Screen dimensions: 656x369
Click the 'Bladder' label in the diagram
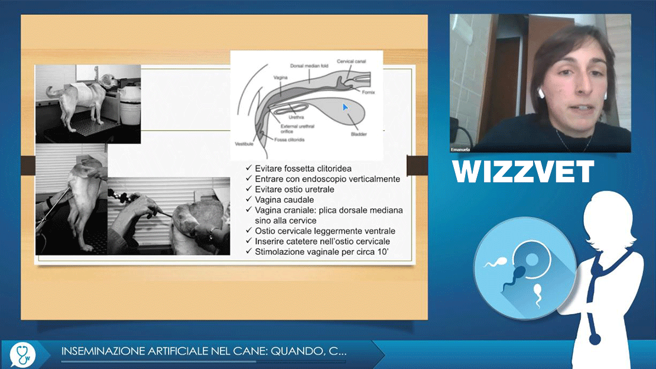coord(359,134)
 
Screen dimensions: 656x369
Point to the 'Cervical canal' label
coord(352,61)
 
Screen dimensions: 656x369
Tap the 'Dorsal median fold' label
coord(309,66)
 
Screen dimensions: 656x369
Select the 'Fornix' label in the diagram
coord(369,92)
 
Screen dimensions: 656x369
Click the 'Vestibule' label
coord(244,144)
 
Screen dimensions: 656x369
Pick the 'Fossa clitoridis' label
coord(290,140)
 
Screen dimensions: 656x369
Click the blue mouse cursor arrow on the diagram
coord(345,108)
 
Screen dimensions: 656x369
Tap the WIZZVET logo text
coord(523,171)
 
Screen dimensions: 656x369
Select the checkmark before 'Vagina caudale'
coord(249,199)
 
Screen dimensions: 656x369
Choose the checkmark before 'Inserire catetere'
coord(249,241)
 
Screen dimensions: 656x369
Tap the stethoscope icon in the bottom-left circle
coord(22,354)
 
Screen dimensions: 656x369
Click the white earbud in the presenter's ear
coord(541,93)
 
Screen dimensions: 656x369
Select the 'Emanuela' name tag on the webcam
coord(460,150)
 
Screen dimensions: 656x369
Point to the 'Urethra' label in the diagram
coord(296,117)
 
